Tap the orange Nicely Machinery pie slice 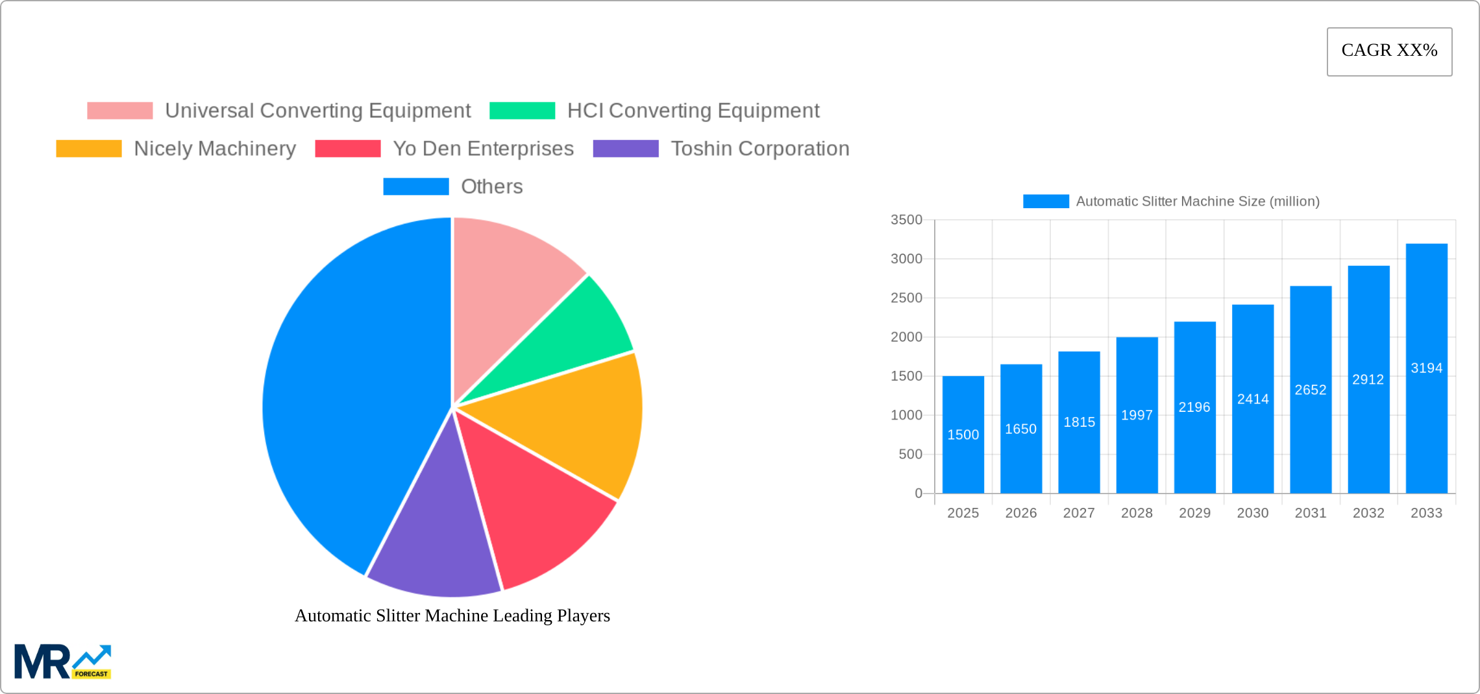click(571, 422)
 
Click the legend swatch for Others click(415, 187)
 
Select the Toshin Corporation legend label click(759, 149)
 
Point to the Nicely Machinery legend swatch click(89, 149)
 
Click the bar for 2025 click(963, 435)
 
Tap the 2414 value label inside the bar click(1252, 399)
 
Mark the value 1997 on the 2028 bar click(1137, 415)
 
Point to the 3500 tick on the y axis click(906, 220)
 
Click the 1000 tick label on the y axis click(906, 415)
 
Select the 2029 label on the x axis click(1194, 513)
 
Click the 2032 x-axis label click(1368, 513)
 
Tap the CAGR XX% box click(1389, 51)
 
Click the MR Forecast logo click(63, 662)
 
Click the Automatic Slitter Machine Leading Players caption click(452, 616)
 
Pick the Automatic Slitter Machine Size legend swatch click(1046, 202)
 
